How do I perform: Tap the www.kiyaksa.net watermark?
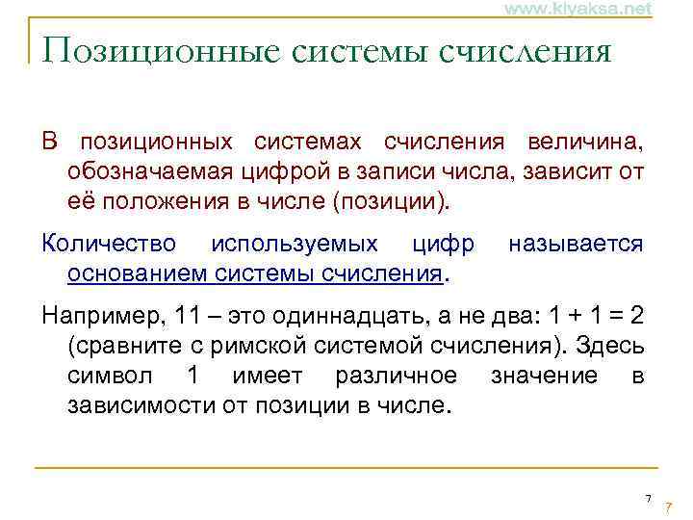[565, 9]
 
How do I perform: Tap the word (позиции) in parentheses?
[399, 203]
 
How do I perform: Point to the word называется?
[575, 244]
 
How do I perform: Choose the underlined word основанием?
[128, 274]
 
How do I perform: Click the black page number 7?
[648, 498]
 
